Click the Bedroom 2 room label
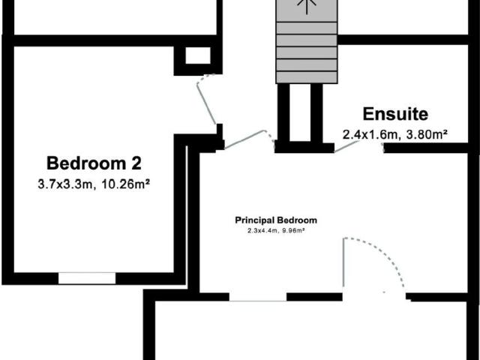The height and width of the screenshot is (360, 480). click(94, 163)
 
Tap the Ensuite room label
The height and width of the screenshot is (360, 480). click(395, 114)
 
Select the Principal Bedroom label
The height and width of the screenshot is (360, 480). click(276, 220)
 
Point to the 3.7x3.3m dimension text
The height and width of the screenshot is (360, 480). click(65, 184)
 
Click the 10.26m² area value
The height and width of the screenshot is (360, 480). click(125, 184)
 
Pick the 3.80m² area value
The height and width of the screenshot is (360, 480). click(427, 134)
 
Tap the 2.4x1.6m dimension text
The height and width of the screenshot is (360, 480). click(370, 134)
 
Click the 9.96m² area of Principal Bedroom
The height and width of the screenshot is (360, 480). click(293, 230)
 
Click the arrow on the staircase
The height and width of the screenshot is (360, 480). click(307, 7)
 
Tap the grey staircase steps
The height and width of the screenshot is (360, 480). click(307, 42)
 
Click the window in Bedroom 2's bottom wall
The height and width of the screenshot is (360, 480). click(87, 278)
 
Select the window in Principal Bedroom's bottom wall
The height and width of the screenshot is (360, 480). click(258, 297)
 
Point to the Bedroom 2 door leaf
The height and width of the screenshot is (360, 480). click(206, 103)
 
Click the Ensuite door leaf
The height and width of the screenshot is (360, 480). click(346, 147)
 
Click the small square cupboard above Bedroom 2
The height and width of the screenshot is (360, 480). click(198, 55)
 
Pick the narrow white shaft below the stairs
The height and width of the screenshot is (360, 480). click(300, 112)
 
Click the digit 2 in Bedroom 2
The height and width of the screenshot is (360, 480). click(136, 163)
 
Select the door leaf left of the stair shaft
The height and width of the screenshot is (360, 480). click(244, 139)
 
